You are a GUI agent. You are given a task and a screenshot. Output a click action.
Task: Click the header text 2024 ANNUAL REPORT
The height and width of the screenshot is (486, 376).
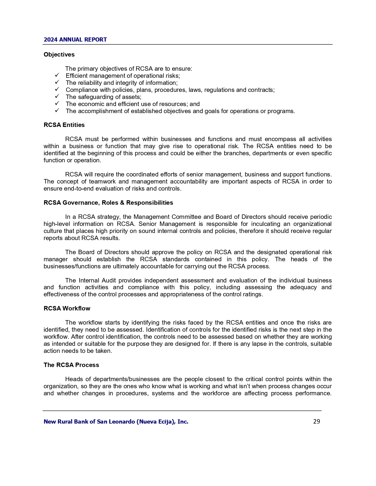point(75,40)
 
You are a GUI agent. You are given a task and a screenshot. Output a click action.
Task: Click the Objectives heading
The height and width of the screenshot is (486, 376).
point(59,54)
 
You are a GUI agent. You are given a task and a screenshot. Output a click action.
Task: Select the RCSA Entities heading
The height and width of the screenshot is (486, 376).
point(64,125)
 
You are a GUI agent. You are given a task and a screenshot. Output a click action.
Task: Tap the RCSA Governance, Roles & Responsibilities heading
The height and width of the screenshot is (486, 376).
point(108,203)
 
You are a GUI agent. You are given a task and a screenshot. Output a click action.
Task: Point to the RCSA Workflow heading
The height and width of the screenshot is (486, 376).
point(67,308)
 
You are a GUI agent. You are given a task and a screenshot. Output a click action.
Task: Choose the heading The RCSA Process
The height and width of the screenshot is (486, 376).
point(71,365)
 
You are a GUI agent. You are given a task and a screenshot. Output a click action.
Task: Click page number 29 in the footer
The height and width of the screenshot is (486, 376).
point(316,421)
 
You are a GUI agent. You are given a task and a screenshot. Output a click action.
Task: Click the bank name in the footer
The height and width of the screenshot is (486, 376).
point(116,422)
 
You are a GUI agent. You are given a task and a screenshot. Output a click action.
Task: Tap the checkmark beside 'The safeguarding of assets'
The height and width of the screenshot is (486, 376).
point(57,96)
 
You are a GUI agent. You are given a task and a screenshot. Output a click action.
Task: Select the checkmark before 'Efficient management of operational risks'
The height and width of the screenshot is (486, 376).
point(57,75)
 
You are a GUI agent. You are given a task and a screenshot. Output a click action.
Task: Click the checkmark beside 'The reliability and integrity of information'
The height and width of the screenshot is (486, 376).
point(57,82)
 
